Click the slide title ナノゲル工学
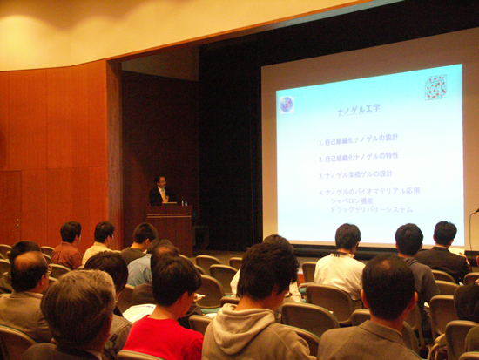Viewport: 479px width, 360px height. pyautogui.click(x=358, y=109)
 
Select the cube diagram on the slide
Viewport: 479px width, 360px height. pyautogui.click(x=435, y=87)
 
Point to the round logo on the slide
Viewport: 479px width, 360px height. pyautogui.click(x=287, y=105)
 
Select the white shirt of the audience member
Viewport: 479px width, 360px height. pyautogui.click(x=341, y=271)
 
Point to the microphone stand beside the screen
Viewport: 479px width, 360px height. pyautogui.click(x=471, y=228)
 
